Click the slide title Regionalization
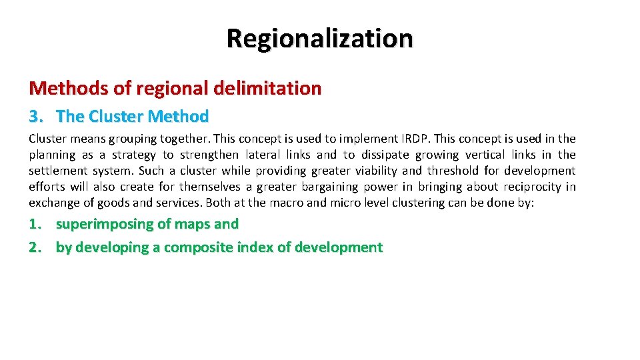pos(319,38)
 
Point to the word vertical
pos(490,155)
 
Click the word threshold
pos(455,171)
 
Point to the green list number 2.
pos(35,247)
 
